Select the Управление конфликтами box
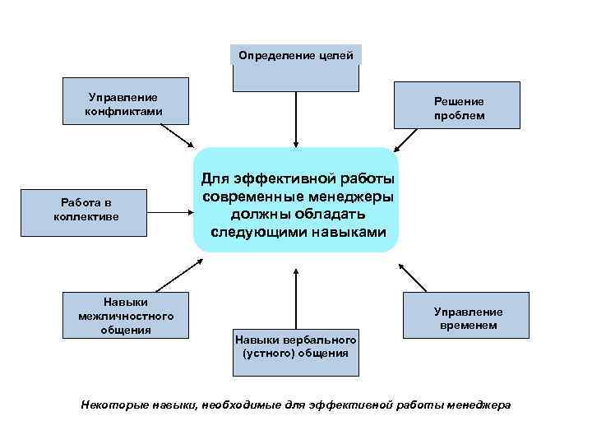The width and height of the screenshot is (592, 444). coord(125,101)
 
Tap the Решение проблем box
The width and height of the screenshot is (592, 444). coord(458,105)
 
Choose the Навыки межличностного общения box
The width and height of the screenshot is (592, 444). coord(127,314)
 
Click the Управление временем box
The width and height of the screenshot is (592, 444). coord(464,317)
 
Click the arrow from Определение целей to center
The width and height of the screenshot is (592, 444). coord(295,118)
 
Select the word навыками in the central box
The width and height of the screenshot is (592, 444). coord(344,232)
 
